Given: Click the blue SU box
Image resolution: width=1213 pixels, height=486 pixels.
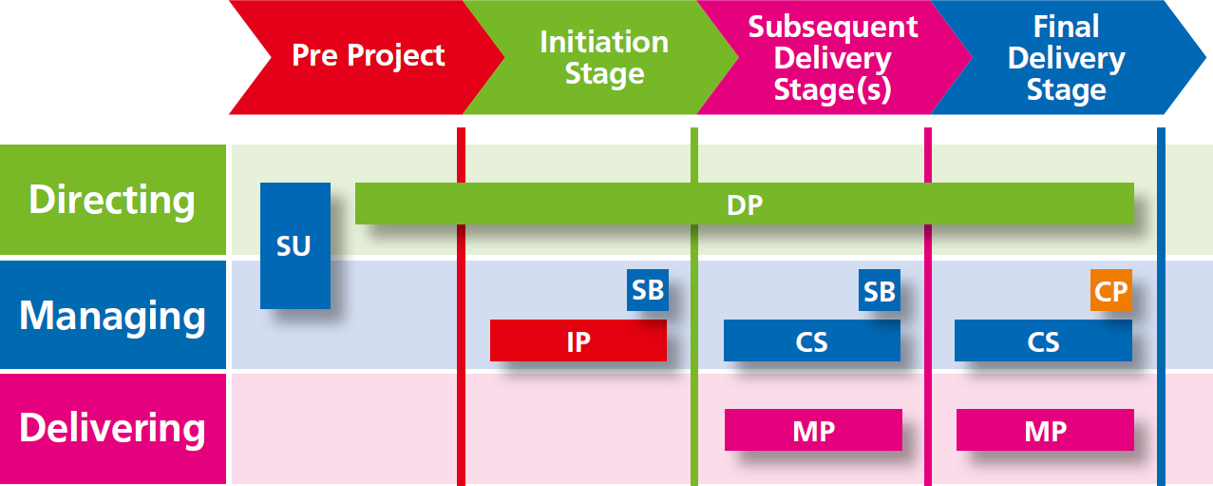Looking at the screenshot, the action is click(x=295, y=245).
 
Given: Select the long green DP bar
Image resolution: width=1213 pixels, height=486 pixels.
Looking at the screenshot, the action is click(x=745, y=204).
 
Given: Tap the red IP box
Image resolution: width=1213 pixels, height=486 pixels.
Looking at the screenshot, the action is click(x=578, y=340).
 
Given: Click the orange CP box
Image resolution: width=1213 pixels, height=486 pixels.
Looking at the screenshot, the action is click(x=1111, y=290).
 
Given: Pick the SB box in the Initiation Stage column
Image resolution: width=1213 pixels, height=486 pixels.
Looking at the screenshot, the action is click(x=648, y=290).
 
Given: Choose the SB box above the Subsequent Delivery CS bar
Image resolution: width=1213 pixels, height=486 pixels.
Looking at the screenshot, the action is click(x=880, y=290).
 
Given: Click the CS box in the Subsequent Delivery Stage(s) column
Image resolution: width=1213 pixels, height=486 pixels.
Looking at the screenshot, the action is click(x=812, y=340).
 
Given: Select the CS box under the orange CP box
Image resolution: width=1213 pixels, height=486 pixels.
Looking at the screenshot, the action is click(x=1044, y=340).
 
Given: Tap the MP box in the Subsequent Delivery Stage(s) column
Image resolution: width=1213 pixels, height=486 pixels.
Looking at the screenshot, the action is click(x=813, y=430).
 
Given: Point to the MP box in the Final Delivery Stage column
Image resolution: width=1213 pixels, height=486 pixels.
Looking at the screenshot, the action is click(x=1045, y=430).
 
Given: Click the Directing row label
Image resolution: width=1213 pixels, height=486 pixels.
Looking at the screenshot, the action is click(x=113, y=200).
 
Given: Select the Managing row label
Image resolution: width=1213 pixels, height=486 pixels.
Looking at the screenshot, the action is click(x=113, y=315).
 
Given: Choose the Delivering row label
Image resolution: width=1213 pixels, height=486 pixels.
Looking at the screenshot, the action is click(x=113, y=429).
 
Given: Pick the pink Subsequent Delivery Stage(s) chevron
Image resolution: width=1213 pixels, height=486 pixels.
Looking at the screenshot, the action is click(x=834, y=57).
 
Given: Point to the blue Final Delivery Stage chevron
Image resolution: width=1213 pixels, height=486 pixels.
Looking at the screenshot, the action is click(x=1067, y=57).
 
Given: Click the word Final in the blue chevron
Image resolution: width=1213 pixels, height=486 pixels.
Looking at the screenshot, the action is click(x=1067, y=26).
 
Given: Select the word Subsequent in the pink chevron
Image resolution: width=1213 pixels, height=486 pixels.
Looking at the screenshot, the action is click(x=833, y=28).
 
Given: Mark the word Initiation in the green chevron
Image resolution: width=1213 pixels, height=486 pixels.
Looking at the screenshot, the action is click(x=604, y=42).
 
